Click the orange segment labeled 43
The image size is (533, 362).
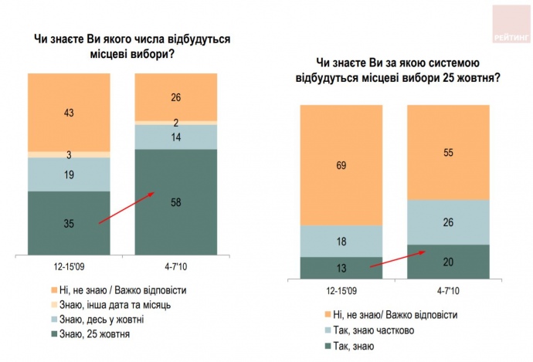(69, 113)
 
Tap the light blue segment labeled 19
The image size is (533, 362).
(69, 174)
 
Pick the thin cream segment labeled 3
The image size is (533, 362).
(69, 154)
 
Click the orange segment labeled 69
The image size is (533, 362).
(341, 164)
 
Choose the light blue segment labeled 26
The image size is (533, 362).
(448, 222)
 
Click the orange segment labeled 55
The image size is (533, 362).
(448, 152)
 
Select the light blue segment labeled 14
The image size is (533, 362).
(176, 137)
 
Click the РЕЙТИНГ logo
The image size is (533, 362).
(511, 23)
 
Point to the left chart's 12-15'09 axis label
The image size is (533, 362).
(69, 266)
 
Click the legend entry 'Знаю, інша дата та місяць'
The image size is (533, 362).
(105, 305)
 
